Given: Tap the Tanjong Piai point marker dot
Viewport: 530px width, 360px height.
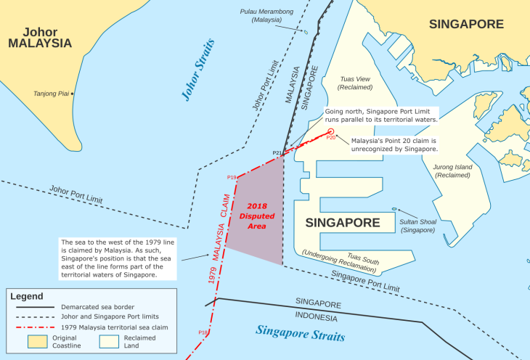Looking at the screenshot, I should pos(72,94).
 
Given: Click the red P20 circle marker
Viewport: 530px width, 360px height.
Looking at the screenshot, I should pos(330,131).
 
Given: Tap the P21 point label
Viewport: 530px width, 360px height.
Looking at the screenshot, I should pos(277,152).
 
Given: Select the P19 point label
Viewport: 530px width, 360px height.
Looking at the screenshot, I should pos(232,177).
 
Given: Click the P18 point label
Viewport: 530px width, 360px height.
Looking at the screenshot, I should pos(203,332).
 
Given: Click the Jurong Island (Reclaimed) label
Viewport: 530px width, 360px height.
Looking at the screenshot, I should pos(452,171).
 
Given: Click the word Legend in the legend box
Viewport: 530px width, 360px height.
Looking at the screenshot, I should pos(27,296).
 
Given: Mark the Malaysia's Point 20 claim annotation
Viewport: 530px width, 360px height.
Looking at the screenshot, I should pos(394,144).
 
